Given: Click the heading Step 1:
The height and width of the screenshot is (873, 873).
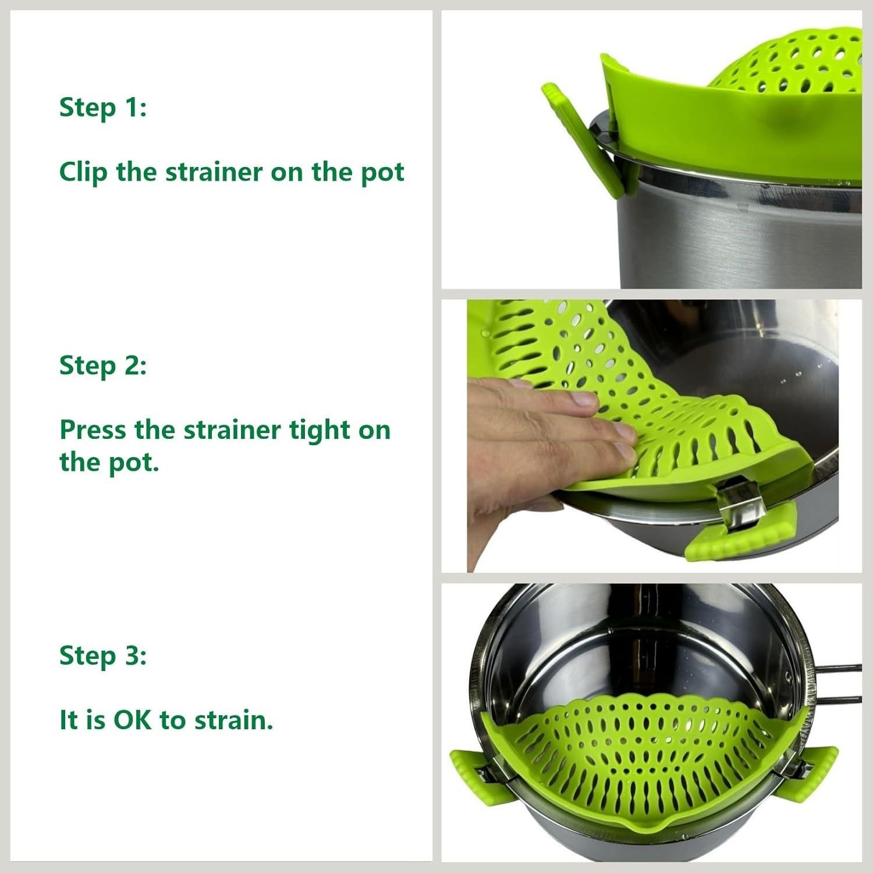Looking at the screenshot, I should coord(102,108).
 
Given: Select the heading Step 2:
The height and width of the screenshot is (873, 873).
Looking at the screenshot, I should coord(102,366).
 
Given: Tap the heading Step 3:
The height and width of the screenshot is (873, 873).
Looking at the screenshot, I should coord(102,656).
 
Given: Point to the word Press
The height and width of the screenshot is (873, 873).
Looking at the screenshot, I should coord(93,431).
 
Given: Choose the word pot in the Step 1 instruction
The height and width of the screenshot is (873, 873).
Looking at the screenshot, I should coord(382,173).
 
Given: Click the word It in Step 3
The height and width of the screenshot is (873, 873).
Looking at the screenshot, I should coord(68,721).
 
